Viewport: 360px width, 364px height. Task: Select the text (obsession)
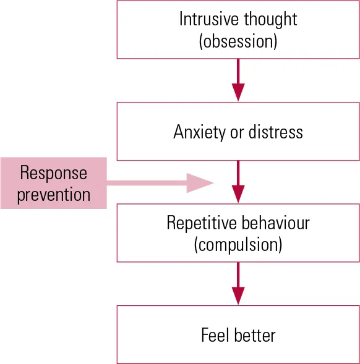click(x=238, y=41)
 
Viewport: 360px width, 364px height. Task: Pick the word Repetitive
click(x=199, y=223)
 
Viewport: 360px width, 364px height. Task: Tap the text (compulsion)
click(x=238, y=245)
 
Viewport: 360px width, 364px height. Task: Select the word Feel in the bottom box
click(x=215, y=336)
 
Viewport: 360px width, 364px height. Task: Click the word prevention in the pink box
click(x=53, y=195)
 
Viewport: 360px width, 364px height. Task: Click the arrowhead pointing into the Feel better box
click(x=238, y=296)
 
